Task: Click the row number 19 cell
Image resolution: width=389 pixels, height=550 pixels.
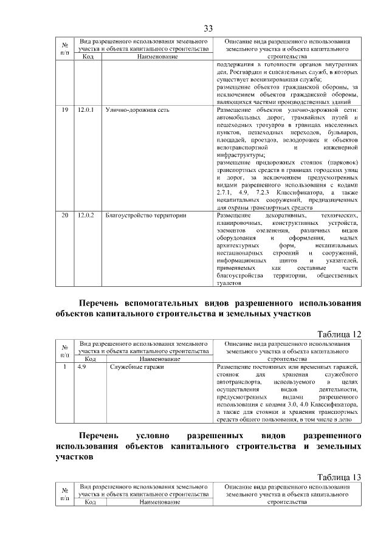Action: (65, 110)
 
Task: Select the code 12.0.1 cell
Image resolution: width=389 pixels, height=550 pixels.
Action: (86, 110)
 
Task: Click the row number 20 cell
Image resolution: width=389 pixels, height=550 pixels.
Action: (65, 215)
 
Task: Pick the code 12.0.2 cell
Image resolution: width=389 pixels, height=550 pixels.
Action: (86, 215)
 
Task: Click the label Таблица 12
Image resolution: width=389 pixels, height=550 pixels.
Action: (340, 334)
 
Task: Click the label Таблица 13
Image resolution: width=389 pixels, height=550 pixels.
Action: (340, 477)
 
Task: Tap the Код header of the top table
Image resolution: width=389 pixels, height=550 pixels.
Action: (88, 57)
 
